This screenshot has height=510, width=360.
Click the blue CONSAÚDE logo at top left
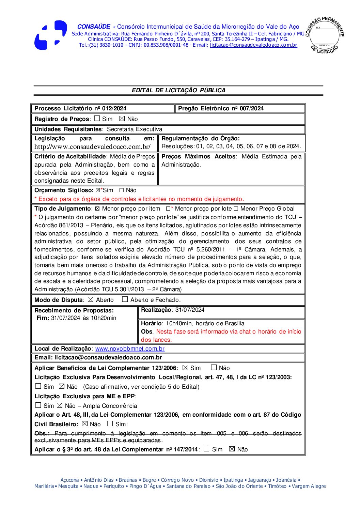(50, 35)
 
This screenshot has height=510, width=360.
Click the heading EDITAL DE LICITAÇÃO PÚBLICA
(178, 90)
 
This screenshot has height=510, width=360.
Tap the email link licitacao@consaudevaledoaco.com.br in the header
(253, 45)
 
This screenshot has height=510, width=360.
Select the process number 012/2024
(114, 109)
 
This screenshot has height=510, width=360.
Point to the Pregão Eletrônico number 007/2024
(252, 109)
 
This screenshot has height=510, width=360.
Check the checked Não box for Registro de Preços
(122, 119)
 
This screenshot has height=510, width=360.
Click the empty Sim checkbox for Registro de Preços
(97, 119)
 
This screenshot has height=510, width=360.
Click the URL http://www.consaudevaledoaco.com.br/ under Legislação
(92, 147)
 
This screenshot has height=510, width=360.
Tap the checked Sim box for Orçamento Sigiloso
(98, 190)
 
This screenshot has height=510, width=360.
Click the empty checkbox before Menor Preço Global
(236, 208)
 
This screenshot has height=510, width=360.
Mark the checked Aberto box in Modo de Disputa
(91, 299)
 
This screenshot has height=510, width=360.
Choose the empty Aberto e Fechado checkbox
(125, 299)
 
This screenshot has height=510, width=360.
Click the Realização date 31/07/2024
(190, 310)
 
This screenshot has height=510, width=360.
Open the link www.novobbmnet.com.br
(130, 349)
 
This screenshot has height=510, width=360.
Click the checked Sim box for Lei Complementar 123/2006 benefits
(185, 368)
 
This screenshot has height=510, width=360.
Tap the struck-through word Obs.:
(42, 433)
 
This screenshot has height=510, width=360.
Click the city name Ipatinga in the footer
(233, 480)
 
